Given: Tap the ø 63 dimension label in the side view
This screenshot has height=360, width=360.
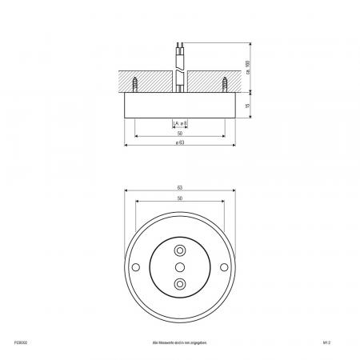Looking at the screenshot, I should pos(179,142).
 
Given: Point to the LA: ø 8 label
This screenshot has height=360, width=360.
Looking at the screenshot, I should pos(179,123).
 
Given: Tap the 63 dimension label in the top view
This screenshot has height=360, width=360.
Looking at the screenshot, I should pos(179,188).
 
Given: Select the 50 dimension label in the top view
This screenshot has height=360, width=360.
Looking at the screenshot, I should pos(179,198).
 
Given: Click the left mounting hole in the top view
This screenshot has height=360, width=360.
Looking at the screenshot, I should pos(134,266).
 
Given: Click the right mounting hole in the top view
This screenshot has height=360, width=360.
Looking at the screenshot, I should pos(224,266).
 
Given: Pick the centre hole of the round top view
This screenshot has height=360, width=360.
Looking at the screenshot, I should pos(179,266).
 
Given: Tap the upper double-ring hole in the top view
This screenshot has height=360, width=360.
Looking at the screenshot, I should pos(179,250).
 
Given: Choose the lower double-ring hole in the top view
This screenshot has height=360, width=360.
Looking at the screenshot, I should pos(179,283).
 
